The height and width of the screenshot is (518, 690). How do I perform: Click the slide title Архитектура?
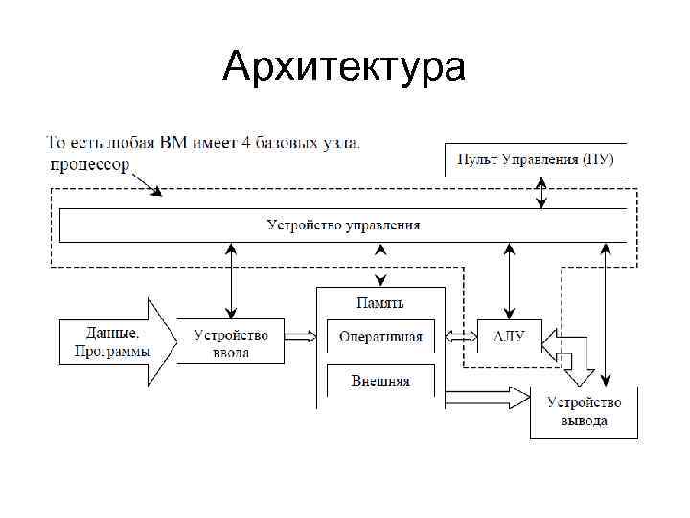344,68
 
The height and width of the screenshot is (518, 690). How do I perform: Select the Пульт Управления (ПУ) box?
535,159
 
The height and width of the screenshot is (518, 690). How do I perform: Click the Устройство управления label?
343,225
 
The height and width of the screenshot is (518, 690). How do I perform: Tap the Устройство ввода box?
231,342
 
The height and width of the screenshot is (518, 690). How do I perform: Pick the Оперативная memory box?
380,338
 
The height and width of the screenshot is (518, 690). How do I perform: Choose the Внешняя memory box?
380,380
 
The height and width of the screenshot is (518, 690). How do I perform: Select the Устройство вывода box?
584,412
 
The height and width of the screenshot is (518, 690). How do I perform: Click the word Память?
380,303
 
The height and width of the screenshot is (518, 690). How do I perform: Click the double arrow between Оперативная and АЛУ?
462,337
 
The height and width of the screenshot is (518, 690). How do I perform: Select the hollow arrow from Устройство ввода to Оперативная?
300,336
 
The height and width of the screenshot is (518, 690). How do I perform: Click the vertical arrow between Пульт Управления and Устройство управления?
542,193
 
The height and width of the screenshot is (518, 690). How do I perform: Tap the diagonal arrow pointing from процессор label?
145,183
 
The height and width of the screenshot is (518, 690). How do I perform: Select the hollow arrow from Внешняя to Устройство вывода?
484,395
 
